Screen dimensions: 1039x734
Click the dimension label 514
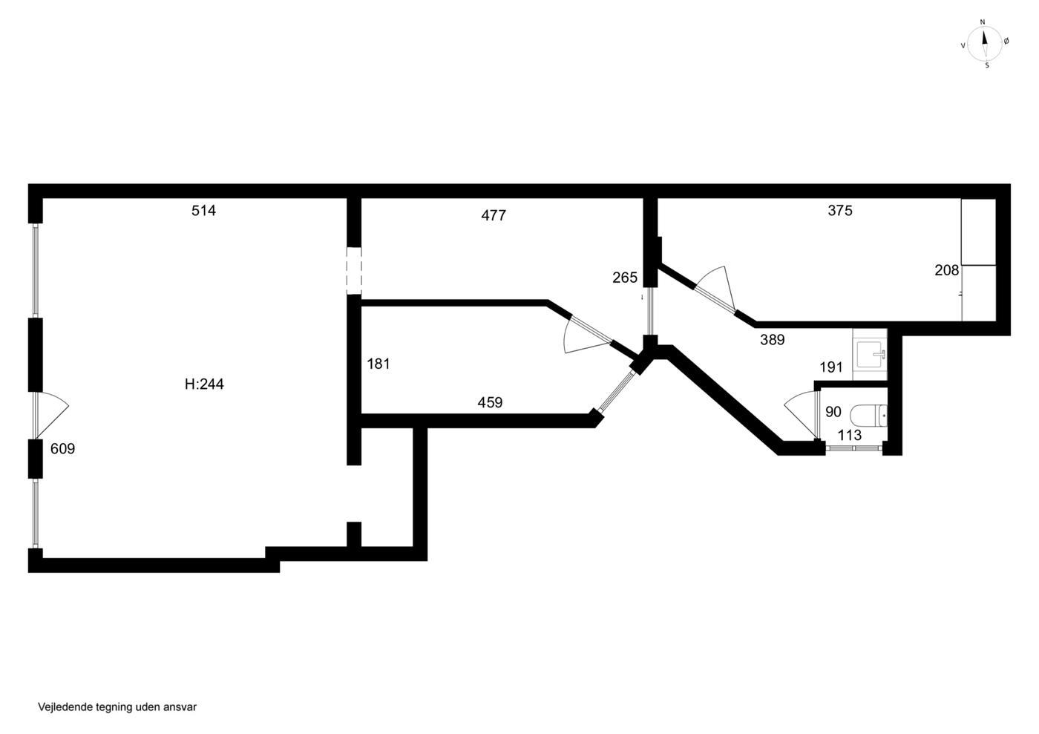pyautogui.click(x=203, y=211)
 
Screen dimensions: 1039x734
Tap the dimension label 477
pyautogui.click(x=494, y=215)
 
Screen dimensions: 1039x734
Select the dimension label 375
pyautogui.click(x=840, y=211)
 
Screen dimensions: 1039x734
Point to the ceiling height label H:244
pyautogui.click(x=204, y=384)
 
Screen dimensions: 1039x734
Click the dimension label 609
pyautogui.click(x=62, y=449)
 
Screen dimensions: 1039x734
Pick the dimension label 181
pyautogui.click(x=378, y=364)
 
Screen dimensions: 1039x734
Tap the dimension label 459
pyautogui.click(x=490, y=402)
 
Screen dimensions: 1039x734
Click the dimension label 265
pyautogui.click(x=625, y=278)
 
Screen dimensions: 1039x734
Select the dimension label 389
pyautogui.click(x=773, y=340)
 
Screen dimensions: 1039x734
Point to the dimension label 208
pyautogui.click(x=947, y=270)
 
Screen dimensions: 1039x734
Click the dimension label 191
pyautogui.click(x=831, y=367)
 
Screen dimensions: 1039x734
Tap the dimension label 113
pyautogui.click(x=850, y=435)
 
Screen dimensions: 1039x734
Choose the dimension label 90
pyautogui.click(x=833, y=412)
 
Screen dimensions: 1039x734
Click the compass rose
pyautogui.click(x=984, y=44)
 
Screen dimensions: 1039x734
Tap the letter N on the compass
pyautogui.click(x=983, y=22)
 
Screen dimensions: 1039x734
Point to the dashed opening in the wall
pyautogui.click(x=354, y=271)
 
